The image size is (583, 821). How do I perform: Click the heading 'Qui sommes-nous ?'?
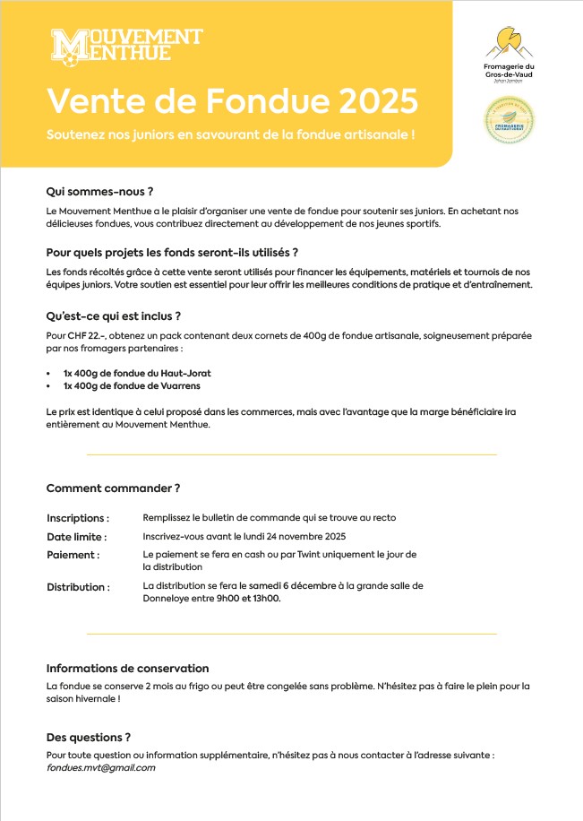tap(99, 191)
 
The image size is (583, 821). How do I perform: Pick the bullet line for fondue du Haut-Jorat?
tap(136, 372)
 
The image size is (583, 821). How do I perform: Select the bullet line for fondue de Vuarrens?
tap(131, 385)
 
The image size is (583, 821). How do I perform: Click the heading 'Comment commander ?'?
tap(113, 488)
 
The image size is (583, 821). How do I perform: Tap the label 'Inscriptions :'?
tap(78, 518)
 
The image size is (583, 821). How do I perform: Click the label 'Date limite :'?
tap(76, 537)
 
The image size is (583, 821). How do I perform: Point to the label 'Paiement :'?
tap(73, 555)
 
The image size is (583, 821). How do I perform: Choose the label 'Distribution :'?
tap(78, 587)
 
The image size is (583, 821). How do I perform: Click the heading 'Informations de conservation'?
tap(127, 668)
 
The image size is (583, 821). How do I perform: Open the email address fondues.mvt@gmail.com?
tap(100, 767)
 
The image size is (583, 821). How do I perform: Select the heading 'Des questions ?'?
tap(89, 737)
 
